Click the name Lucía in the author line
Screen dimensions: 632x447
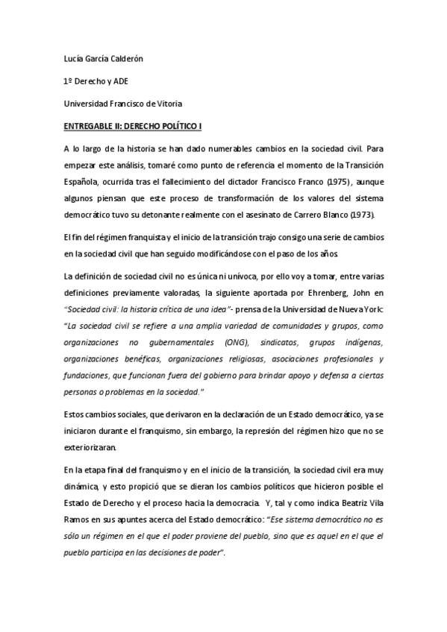pos(74,60)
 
